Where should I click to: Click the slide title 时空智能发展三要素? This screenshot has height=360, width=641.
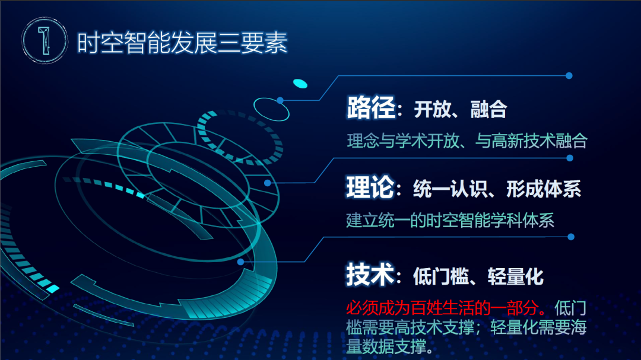click(x=182, y=42)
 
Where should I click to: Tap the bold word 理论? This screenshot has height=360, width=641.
click(x=370, y=188)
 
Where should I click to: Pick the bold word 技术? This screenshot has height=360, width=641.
click(x=370, y=275)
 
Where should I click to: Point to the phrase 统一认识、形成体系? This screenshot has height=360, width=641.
click(x=497, y=189)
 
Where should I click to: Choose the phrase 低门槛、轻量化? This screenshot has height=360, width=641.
click(x=478, y=276)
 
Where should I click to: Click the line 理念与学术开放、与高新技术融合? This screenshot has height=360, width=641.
click(x=467, y=141)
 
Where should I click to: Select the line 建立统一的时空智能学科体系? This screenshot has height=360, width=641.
click(x=450, y=221)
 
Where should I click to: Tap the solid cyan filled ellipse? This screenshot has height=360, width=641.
click(x=300, y=83)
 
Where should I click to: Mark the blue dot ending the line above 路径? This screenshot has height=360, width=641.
click(x=569, y=76)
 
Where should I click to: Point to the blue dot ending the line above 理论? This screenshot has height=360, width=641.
click(x=570, y=158)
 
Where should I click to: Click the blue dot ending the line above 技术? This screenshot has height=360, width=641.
click(x=570, y=237)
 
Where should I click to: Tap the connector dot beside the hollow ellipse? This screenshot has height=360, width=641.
click(x=280, y=100)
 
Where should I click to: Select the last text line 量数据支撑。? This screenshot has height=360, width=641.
click(x=389, y=346)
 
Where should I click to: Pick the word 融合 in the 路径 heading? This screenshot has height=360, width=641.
click(x=488, y=110)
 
